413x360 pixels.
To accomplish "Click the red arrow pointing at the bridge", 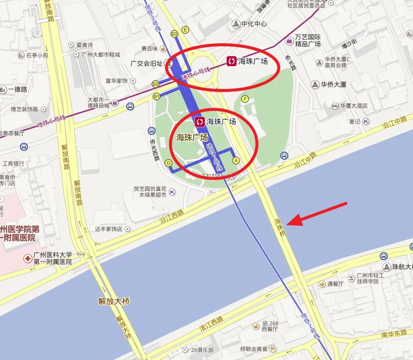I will click(x=318, y=214).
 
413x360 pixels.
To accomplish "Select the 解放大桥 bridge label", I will click(x=114, y=301).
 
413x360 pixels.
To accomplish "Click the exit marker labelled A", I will click(x=236, y=161).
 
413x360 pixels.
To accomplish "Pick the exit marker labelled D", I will click(x=168, y=163).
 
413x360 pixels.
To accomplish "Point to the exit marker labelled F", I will click(x=245, y=99).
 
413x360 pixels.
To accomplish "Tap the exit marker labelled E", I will click(x=185, y=30).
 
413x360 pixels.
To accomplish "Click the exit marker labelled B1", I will click(x=157, y=96).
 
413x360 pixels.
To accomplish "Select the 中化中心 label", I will click(x=254, y=24).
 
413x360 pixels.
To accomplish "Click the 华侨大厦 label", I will click(x=333, y=85).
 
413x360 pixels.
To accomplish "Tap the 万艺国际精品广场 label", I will click(x=308, y=40).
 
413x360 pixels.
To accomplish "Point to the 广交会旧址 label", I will click(x=143, y=64).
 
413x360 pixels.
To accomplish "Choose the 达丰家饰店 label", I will click(x=109, y=229).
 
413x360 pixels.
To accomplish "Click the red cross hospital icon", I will click(x=27, y=259).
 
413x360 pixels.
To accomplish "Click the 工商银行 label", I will click(x=13, y=163).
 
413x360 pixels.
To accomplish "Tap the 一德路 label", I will click(x=17, y=90).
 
